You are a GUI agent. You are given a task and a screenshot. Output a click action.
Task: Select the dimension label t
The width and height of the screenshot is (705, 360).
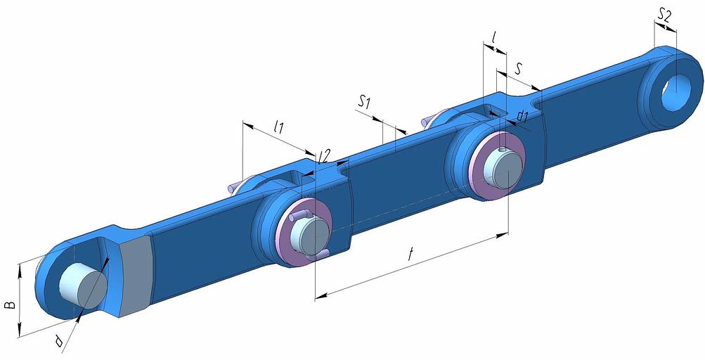[x=410, y=255]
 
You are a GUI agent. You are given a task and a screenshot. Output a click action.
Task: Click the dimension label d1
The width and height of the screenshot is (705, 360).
[x=522, y=117]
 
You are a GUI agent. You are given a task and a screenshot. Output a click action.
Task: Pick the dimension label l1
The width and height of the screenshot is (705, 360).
[x=279, y=128]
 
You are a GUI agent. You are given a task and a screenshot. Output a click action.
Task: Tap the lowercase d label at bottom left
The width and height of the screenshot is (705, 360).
[x=58, y=342]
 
